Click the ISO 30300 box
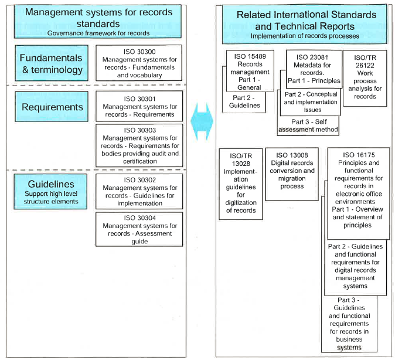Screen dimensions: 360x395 point(139,63)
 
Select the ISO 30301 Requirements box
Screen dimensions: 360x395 point(139,107)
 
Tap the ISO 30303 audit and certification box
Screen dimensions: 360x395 point(139,145)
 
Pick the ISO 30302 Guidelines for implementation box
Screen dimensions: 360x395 point(139,192)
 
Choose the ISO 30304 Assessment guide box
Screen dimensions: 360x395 point(139,229)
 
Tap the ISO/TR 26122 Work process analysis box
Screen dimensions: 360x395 point(365,79)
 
